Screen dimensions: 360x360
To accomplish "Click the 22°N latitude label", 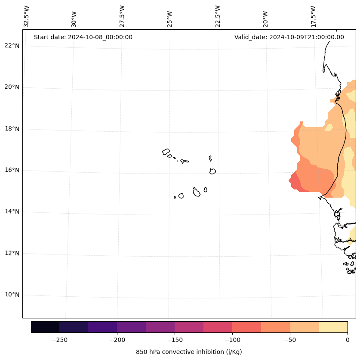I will [12, 46].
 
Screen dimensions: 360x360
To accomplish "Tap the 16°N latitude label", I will [12, 170].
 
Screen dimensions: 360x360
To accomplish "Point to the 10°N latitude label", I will [12, 295].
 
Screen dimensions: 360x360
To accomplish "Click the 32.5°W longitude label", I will [27, 16].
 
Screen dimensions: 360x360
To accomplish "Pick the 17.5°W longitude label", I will [314, 16].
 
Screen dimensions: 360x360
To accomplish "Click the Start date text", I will [83, 37].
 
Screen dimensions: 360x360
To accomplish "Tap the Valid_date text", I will [289, 37].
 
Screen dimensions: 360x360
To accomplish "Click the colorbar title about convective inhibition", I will [189, 352].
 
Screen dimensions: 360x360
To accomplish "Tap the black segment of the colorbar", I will [45, 327].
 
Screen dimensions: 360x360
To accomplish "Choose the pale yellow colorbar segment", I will [333, 327].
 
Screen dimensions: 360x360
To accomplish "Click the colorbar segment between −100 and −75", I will [246, 327].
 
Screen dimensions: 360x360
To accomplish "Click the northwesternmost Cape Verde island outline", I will [166, 152].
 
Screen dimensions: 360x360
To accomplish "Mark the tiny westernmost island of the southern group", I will [175, 197].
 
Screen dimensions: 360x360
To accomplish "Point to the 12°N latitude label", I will [12, 253].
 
